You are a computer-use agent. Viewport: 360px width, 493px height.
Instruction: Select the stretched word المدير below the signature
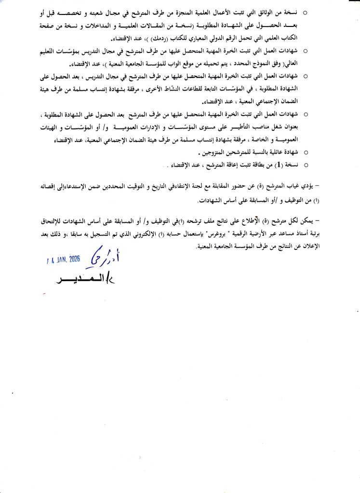click(x=83, y=281)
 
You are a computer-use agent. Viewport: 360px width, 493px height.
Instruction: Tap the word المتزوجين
click(x=216, y=153)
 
